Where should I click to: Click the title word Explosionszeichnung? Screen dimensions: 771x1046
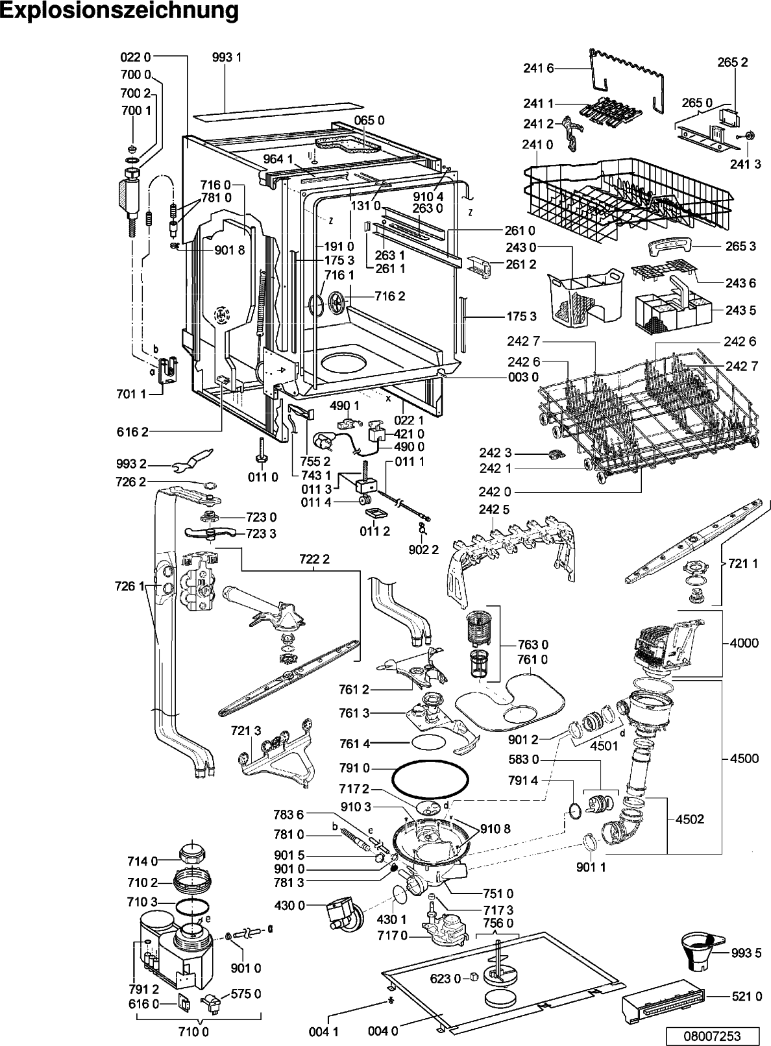pyautogui.click(x=120, y=12)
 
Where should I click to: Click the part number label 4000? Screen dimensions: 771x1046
pyautogui.click(x=744, y=643)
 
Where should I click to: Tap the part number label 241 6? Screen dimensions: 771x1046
pyautogui.click(x=539, y=68)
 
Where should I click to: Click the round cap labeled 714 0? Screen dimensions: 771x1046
pyautogui.click(x=192, y=854)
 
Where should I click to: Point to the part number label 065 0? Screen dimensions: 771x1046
pyautogui.click(x=369, y=120)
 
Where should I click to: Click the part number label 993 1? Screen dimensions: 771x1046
pyautogui.click(x=226, y=57)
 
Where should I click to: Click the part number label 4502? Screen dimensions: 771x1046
pyautogui.click(x=690, y=819)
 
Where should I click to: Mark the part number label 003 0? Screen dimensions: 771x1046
pyautogui.click(x=523, y=376)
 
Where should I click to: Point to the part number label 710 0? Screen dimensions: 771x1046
pyautogui.click(x=194, y=1031)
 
